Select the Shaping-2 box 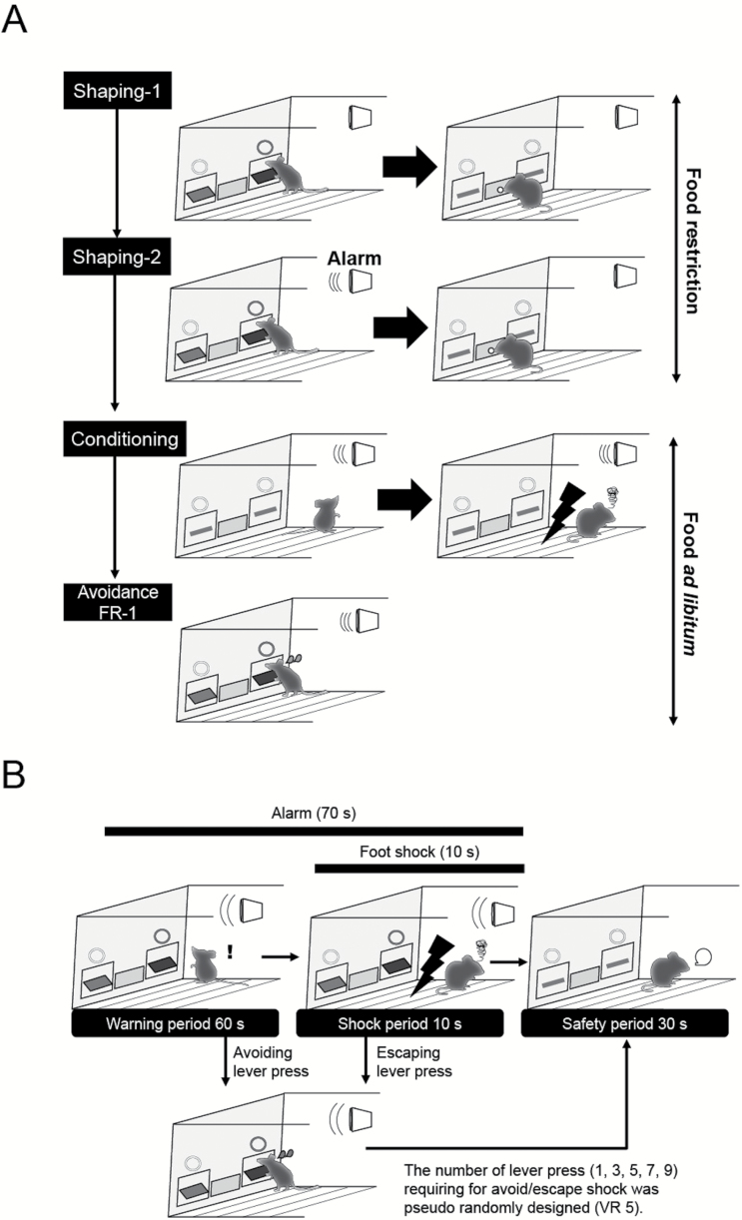(x=118, y=258)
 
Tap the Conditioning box (x=118, y=438)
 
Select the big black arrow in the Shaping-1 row (x=408, y=170)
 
